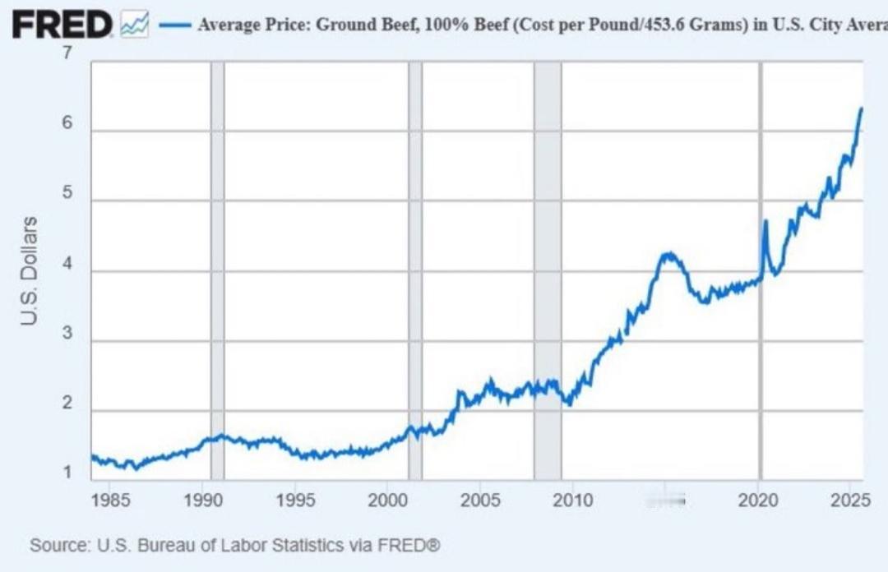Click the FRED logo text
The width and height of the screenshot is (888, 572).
pyautogui.click(x=62, y=25)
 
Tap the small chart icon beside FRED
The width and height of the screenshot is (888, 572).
pyautogui.click(x=134, y=25)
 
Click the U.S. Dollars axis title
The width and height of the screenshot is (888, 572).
pyautogui.click(x=30, y=270)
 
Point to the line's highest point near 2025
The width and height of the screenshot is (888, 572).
pyautogui.click(x=861, y=108)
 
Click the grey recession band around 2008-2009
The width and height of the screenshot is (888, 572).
pyautogui.click(x=548, y=271)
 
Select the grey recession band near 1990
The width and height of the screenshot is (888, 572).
pyautogui.click(x=217, y=271)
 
